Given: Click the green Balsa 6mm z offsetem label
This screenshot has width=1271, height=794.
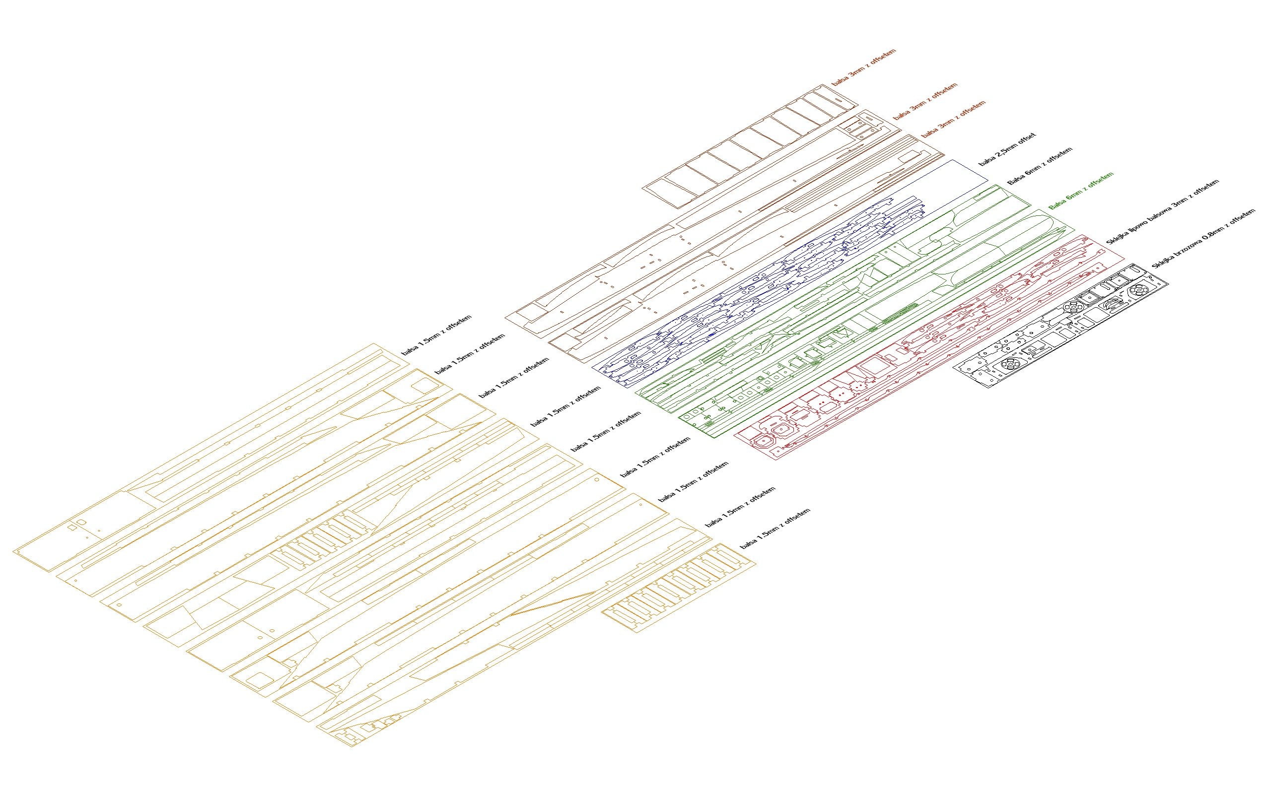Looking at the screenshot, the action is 1081,191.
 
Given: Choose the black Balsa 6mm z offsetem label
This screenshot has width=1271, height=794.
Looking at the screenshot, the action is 1040,166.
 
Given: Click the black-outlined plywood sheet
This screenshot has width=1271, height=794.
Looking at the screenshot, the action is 1061,326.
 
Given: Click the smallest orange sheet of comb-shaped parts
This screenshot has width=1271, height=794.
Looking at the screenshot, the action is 679,588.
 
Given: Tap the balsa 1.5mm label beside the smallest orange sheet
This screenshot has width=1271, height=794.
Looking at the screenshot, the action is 775,529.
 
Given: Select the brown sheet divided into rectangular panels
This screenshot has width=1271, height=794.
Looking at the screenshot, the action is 750,146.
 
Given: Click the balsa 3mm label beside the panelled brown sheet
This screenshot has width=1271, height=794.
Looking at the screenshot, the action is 864,68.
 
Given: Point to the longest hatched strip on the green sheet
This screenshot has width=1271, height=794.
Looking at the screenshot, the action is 899,313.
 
